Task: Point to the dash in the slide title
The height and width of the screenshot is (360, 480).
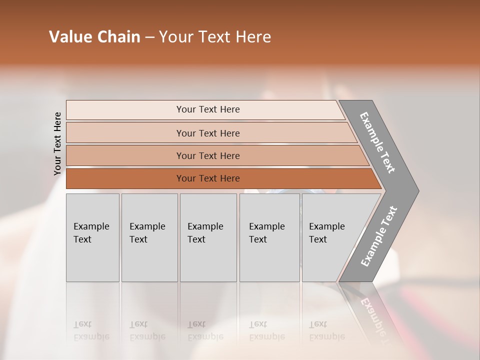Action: pos(149,37)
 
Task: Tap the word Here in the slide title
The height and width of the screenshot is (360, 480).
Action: pos(253,37)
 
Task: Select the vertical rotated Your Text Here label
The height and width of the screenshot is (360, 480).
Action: pos(57,143)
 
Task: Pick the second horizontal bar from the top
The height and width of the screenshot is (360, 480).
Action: pos(207,133)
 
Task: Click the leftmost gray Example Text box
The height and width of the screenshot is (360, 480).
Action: pos(92,237)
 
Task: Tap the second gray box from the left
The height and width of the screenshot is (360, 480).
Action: pos(149,237)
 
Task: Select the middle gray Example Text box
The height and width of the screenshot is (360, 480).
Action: pos(208,237)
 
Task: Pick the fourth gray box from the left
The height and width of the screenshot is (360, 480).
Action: pos(269,237)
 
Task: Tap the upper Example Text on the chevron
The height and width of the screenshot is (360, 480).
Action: pos(377,142)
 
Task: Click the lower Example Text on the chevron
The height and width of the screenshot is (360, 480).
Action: pos(378,236)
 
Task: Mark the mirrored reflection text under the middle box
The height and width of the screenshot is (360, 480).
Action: pos(205,330)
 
